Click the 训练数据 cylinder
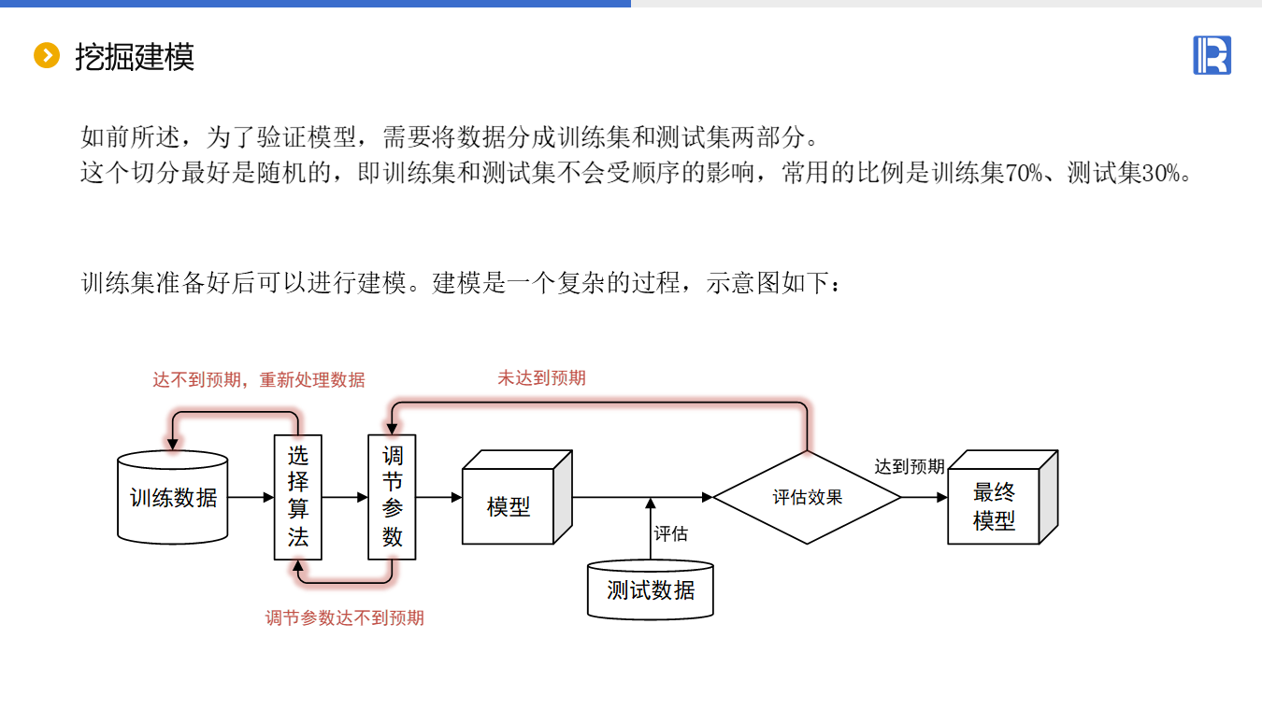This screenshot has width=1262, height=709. [x=173, y=498]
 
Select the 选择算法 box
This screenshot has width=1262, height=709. [x=297, y=497]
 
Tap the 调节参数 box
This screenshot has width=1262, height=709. [x=392, y=497]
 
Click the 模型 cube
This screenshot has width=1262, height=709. [x=509, y=507]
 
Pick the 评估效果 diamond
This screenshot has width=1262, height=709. [x=807, y=497]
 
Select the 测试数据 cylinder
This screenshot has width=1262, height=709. [x=651, y=590]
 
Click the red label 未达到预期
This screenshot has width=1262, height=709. [x=541, y=377]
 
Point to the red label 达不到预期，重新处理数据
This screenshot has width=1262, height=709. [x=259, y=380]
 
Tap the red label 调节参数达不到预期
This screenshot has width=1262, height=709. [x=344, y=617]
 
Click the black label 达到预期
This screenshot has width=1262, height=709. [x=909, y=466]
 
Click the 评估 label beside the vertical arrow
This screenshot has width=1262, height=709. [x=670, y=533]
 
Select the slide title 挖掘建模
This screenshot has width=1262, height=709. [x=135, y=57]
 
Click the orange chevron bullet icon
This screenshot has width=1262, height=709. [x=46, y=56]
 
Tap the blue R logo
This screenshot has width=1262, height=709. [x=1212, y=55]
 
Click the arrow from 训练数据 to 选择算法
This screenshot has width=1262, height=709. [x=251, y=498]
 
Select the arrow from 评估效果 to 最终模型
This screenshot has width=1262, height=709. [x=925, y=498]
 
